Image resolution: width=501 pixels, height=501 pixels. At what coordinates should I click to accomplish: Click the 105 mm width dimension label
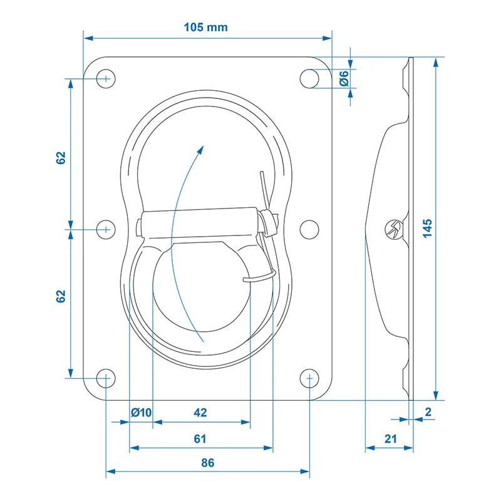pos(206,27)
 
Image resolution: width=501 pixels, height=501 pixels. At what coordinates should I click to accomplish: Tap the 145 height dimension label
pos(428,228)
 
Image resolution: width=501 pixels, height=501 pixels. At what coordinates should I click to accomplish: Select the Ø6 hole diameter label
pos(344,79)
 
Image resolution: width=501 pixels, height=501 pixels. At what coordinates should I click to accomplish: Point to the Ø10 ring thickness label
pos(142,413)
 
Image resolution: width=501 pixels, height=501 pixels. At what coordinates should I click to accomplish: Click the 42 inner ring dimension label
pos(200,413)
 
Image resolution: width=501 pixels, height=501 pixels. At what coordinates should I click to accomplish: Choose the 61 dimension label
pos(200,439)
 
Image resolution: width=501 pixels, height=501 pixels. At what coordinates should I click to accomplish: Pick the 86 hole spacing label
pos(208,463)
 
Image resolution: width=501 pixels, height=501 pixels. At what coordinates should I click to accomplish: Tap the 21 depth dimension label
pos(390,439)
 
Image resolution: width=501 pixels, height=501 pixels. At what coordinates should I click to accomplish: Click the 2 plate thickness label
pos(428,411)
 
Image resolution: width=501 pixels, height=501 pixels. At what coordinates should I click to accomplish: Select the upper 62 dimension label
pos(61,158)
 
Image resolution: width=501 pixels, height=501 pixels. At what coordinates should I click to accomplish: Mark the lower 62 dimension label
pos(61,296)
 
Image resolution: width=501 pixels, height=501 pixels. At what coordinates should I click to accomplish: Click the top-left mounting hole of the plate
pos(106,79)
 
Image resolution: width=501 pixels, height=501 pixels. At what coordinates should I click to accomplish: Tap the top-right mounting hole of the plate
pos(309,79)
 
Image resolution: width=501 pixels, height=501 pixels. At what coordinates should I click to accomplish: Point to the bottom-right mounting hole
pos(309,378)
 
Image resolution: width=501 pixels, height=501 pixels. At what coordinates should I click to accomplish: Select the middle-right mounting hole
pos(309,229)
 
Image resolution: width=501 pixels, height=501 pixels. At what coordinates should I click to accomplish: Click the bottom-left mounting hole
pos(106,378)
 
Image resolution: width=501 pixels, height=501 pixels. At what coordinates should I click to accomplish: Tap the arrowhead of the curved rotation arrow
pos(200,150)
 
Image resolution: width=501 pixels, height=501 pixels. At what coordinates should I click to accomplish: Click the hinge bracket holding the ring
pos(200,223)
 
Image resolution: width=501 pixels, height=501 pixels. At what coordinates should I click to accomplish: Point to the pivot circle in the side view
pos(393,229)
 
